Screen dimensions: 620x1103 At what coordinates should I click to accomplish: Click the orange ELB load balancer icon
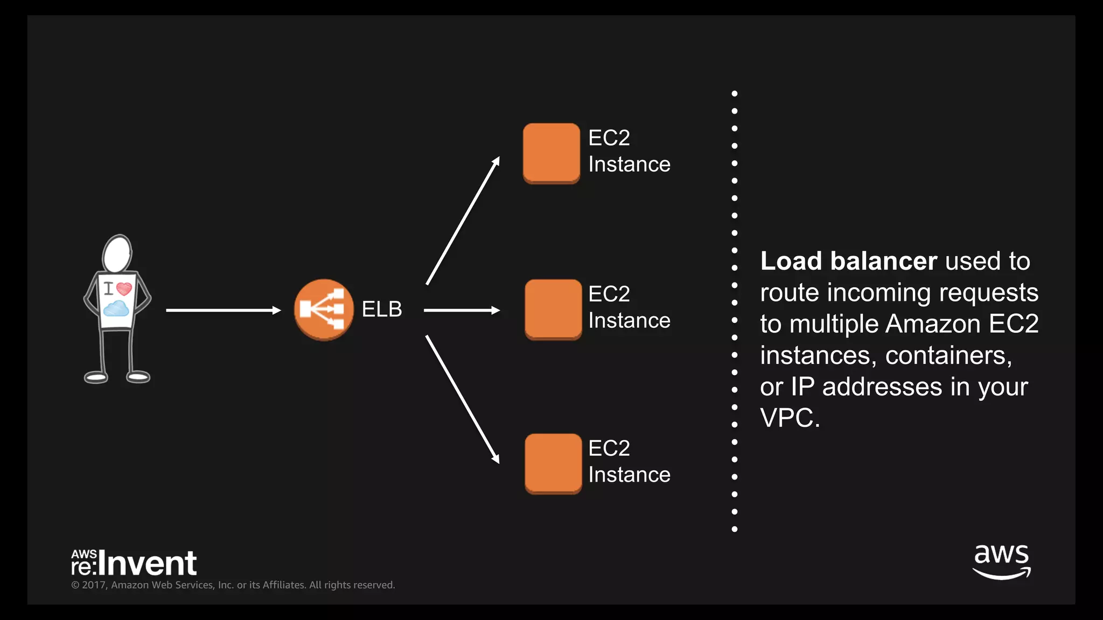[x=324, y=309]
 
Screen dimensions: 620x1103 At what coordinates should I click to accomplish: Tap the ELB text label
[x=381, y=309]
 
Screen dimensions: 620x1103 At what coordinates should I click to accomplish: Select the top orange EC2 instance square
[x=551, y=153]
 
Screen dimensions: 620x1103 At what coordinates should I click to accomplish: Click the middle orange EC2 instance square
[x=553, y=309]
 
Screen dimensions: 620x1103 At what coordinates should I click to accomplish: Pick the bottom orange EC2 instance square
[x=553, y=463]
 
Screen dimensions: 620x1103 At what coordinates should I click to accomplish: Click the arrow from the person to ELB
[x=223, y=310]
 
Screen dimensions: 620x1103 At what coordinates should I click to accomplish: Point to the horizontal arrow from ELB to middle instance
[x=462, y=310]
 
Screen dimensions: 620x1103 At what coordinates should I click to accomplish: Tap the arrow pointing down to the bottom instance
[x=463, y=399]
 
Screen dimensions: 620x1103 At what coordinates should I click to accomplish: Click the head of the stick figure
[x=117, y=254]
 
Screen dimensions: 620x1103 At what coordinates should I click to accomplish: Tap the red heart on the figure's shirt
[x=124, y=289]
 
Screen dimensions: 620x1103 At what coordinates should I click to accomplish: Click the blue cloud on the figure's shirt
[x=116, y=309]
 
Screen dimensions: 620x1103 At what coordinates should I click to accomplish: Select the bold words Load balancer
[x=848, y=261]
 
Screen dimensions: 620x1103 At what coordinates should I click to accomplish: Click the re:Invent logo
[x=134, y=563]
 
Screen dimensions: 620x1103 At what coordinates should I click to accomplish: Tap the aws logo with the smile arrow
[x=1001, y=561]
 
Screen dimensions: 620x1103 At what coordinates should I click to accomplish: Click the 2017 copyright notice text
[x=233, y=585]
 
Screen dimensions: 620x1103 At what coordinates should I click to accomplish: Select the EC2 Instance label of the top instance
[x=629, y=151]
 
